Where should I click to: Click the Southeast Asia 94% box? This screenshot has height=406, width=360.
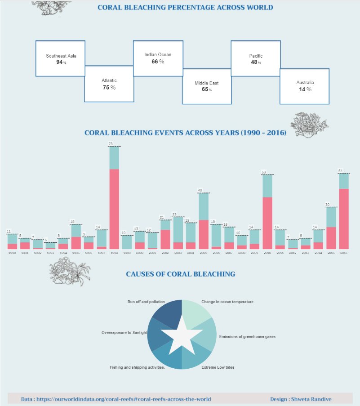pos(60,58)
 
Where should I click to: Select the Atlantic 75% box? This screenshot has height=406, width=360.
pos(109,84)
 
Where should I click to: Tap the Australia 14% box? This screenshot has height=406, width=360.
pos(305,86)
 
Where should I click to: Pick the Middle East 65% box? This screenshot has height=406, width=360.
pos(207,86)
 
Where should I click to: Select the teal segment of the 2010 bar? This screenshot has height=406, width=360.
pos(267,186)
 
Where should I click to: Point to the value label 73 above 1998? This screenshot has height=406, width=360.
pos(111,144)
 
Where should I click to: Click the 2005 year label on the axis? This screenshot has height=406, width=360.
pos(203,253)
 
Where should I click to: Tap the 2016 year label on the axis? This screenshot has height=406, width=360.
pos(344,253)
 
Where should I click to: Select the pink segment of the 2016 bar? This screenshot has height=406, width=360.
pos(344,219)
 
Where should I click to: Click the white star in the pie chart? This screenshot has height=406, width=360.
pos(182,335)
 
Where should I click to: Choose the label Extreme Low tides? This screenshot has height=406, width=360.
pos(218,367)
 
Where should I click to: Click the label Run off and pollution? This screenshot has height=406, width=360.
pos(146,302)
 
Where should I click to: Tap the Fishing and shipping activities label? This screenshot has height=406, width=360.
pos(138,367)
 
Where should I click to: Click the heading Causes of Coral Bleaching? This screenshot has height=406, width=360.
pos(180,274)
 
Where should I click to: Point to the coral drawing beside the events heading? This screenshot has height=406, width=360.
pos(309,125)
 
